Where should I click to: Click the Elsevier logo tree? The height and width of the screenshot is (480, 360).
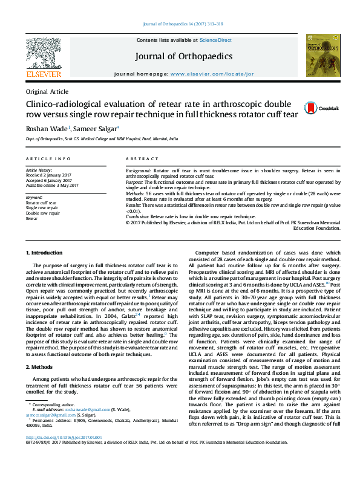pos(43,53)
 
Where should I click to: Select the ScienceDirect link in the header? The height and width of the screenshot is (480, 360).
pos(217,40)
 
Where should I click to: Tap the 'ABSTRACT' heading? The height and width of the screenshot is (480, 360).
pos(142,159)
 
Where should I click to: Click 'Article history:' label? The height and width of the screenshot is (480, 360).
pos(39,171)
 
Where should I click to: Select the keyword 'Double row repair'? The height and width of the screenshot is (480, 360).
pos(42,213)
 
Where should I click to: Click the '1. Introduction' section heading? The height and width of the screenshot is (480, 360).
pos(46,252)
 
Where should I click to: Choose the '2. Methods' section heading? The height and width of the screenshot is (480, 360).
pos(41,366)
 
